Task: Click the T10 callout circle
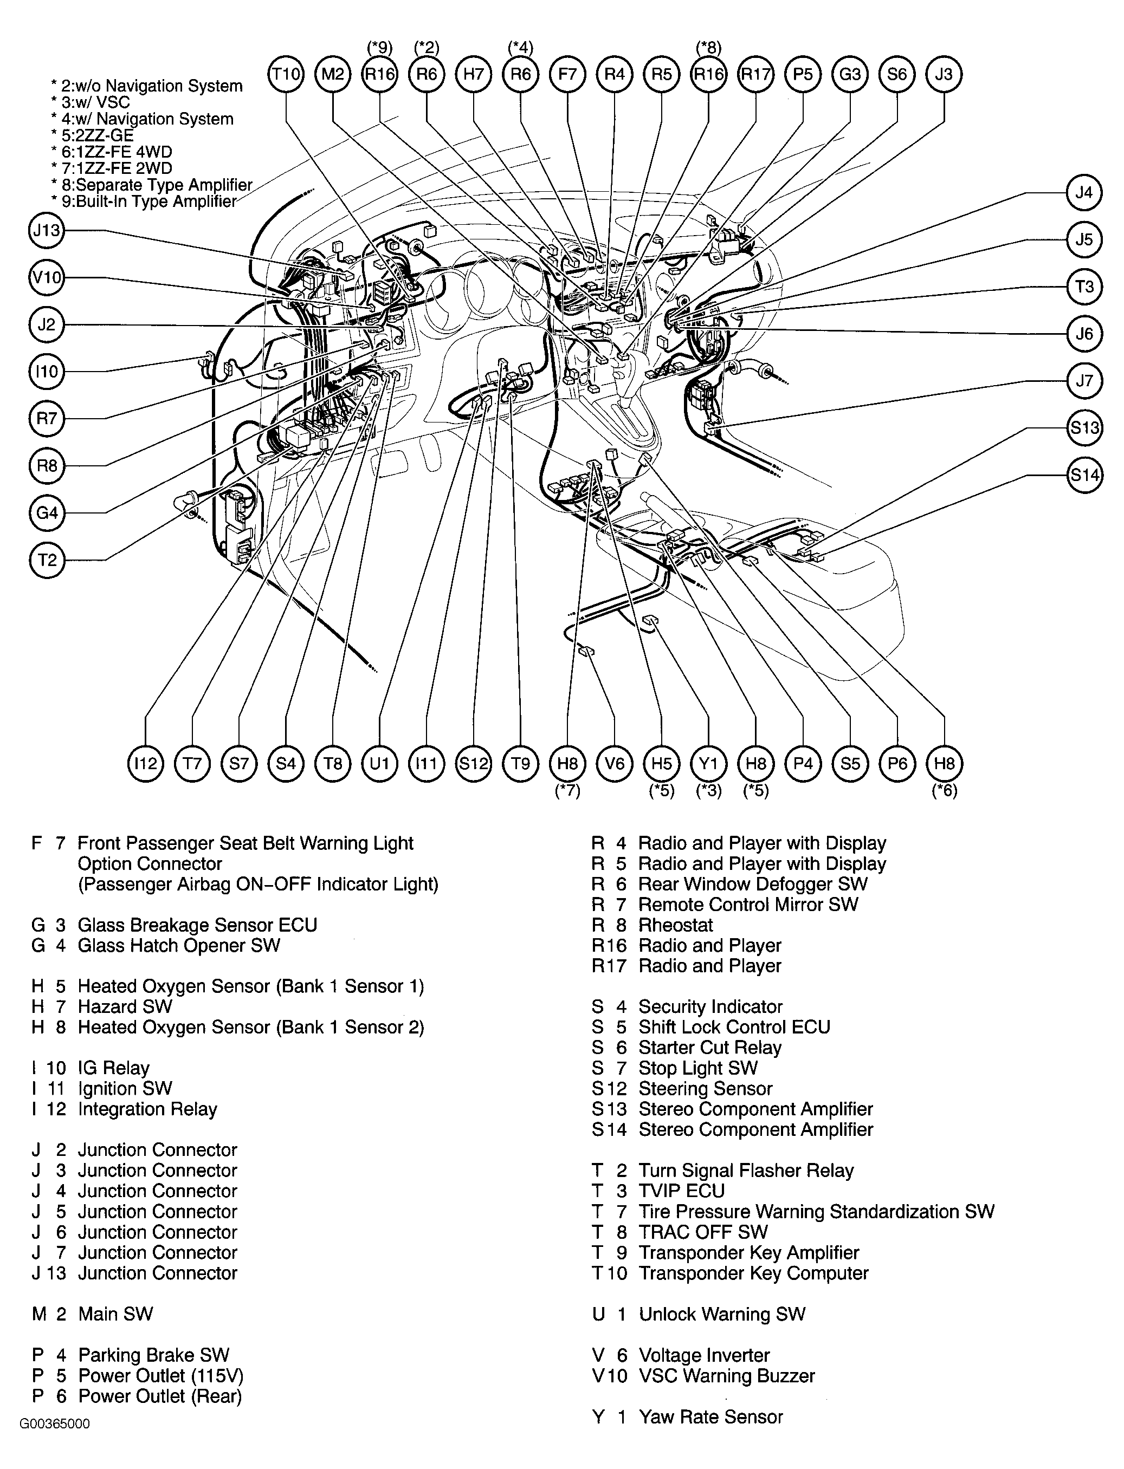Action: tap(286, 74)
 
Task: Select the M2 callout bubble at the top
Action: tap(333, 74)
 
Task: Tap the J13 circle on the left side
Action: tap(47, 231)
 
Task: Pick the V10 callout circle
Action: tap(47, 277)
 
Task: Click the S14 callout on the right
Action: tap(1084, 476)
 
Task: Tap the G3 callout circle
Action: tap(850, 74)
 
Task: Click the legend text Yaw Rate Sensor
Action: tap(710, 1416)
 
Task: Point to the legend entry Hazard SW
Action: tap(125, 1006)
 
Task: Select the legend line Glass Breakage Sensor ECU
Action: tap(197, 925)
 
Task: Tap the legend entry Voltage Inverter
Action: tap(704, 1355)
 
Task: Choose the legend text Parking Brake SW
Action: tap(153, 1355)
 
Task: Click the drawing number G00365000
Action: tap(55, 1441)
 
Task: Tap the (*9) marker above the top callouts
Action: tap(379, 48)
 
